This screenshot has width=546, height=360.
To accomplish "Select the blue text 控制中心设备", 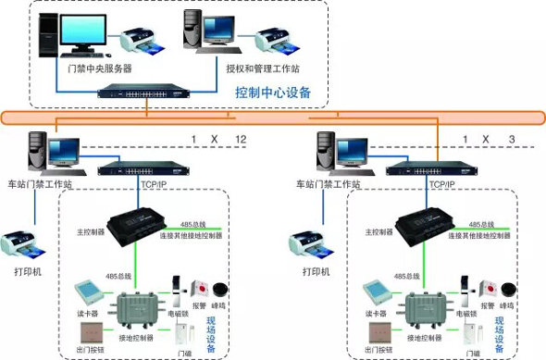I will (x=273, y=93).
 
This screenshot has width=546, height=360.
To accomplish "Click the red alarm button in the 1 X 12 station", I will (x=196, y=287).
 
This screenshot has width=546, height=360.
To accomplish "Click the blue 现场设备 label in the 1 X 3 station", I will (x=500, y=334).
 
